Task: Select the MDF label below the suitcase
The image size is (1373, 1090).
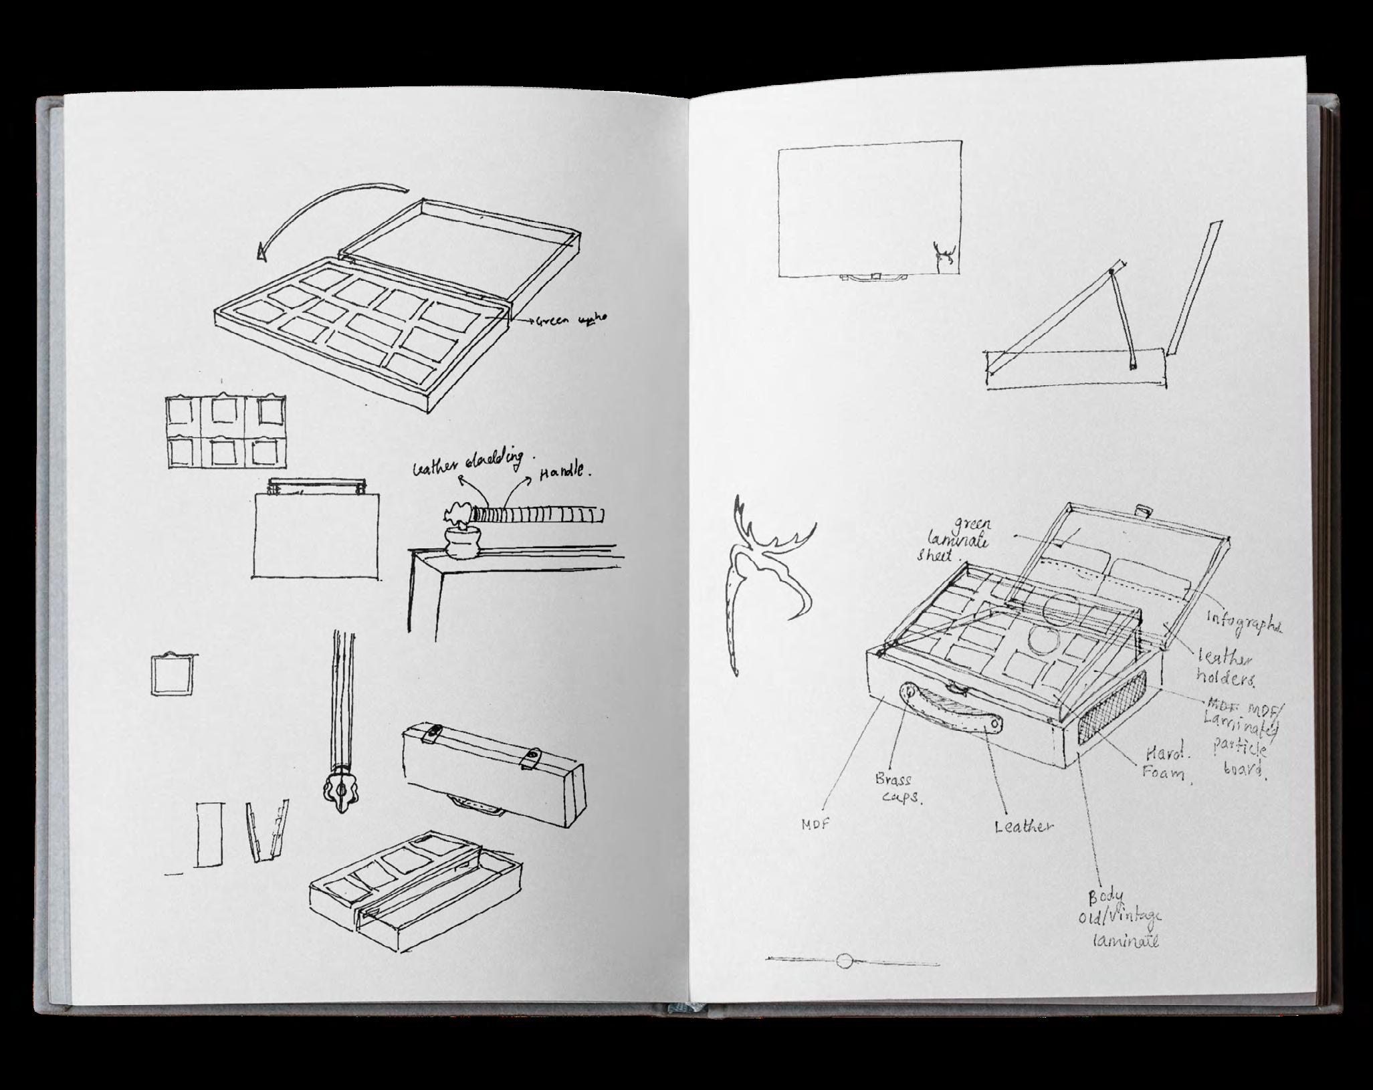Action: [815, 825]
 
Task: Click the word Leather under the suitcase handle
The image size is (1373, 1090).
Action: [1023, 827]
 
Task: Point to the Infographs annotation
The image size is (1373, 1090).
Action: [1245, 622]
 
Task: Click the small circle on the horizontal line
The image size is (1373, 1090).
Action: [845, 961]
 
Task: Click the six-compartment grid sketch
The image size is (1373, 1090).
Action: [225, 432]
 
